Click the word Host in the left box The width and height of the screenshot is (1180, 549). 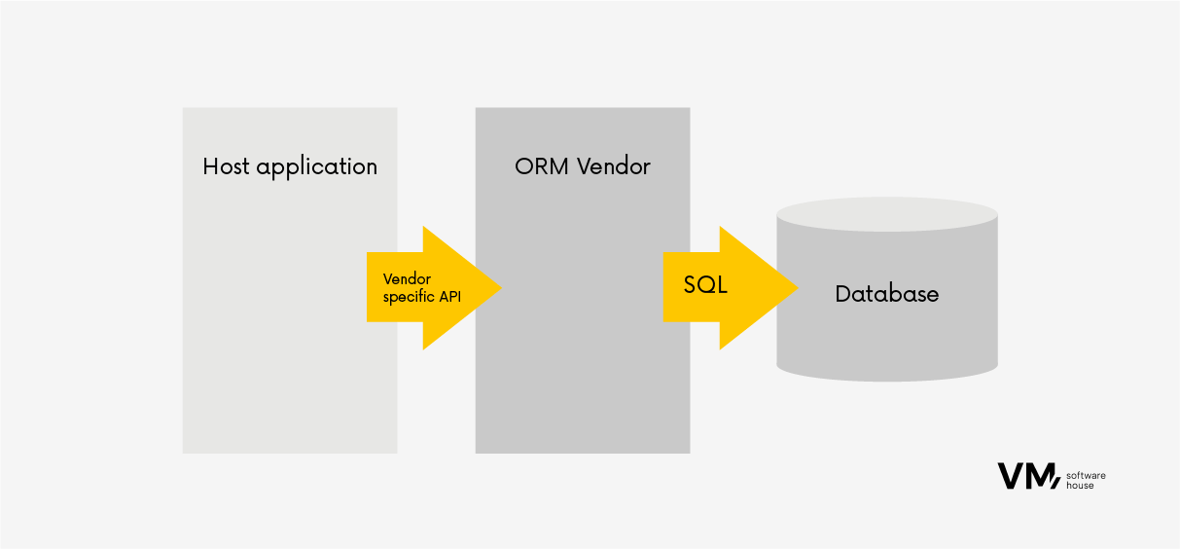tap(225, 166)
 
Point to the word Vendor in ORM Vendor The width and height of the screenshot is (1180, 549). tap(614, 166)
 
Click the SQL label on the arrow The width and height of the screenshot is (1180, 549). tap(705, 286)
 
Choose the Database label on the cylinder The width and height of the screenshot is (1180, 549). tap(887, 293)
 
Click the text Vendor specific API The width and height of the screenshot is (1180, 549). tap(422, 288)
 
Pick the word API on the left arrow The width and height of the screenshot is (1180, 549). tap(450, 297)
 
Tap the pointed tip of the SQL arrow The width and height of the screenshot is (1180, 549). tap(796, 287)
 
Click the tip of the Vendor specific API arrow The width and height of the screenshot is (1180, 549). tap(499, 287)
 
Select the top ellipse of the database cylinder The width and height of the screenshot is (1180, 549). tap(887, 214)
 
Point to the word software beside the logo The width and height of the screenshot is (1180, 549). tap(1087, 475)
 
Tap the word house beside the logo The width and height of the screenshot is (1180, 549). tap(1080, 485)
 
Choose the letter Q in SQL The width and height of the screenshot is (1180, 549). tap(705, 286)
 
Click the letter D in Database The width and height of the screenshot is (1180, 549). tap(842, 293)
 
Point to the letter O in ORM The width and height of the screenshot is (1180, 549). tap(523, 166)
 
